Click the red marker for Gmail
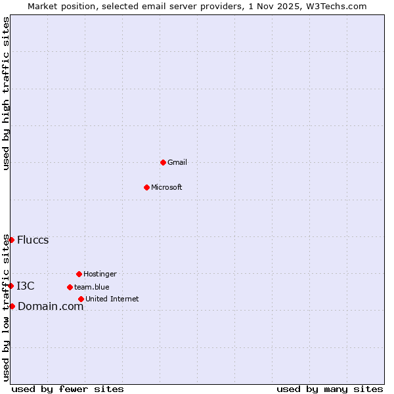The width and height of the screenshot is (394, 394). click(x=163, y=162)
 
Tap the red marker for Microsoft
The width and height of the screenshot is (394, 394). click(x=146, y=187)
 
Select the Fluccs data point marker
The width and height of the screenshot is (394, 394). click(x=11, y=240)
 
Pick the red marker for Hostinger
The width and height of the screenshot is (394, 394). click(x=79, y=274)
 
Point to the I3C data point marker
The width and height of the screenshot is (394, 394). click(x=11, y=286)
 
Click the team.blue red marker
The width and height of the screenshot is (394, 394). click(x=70, y=287)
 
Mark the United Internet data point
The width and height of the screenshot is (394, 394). click(x=81, y=299)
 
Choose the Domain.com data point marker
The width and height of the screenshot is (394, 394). click(x=12, y=306)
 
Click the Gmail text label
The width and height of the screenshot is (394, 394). click(x=177, y=162)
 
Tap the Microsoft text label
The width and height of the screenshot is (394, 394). click(x=167, y=187)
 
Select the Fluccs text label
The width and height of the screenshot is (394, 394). click(x=33, y=240)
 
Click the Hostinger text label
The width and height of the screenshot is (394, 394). click(x=100, y=274)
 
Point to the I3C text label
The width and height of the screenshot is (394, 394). click(x=26, y=286)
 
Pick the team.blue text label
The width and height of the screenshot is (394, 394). click(x=92, y=287)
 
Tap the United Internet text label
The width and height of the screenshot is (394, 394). click(x=112, y=299)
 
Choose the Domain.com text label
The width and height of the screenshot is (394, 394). click(x=51, y=306)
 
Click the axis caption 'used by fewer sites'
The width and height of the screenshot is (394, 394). click(x=68, y=389)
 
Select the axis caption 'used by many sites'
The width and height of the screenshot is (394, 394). click(x=330, y=389)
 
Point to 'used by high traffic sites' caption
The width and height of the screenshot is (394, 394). click(x=6, y=93)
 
